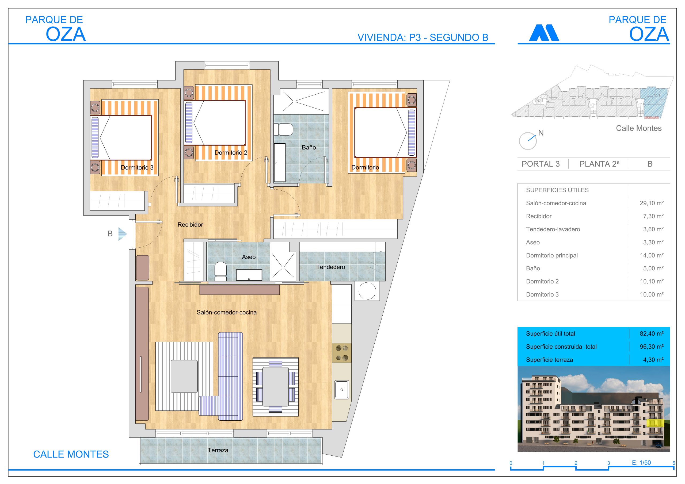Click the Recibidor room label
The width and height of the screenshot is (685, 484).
point(190,225)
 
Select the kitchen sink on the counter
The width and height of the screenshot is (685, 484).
point(342,389)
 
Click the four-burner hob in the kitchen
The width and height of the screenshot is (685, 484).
point(342,353)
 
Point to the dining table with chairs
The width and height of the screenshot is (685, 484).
point(275,386)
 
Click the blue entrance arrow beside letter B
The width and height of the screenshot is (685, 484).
point(122,234)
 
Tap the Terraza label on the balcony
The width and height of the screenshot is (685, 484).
point(218,450)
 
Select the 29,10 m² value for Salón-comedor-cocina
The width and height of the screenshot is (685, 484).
point(651,203)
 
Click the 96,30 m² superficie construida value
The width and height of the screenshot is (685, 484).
point(651,347)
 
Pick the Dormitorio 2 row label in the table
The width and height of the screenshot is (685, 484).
point(542,281)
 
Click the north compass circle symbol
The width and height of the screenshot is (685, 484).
point(527,141)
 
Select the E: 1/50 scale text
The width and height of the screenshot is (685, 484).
point(641,463)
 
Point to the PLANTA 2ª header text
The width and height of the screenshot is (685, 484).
point(599,164)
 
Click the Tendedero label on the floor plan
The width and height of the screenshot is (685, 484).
point(330,267)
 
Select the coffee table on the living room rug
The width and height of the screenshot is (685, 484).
point(184,376)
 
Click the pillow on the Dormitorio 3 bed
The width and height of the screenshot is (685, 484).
point(95,137)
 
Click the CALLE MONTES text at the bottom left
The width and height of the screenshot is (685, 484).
point(71,454)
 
